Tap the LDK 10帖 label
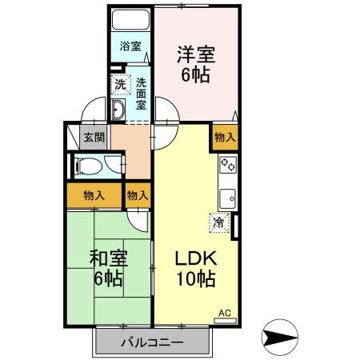[x=195, y=269]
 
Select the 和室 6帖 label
[x=106, y=269]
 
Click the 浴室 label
[x=130, y=46]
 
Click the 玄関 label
[x=94, y=138]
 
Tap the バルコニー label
[x=152, y=342]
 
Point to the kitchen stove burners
[x=227, y=166]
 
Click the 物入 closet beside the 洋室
[x=225, y=138]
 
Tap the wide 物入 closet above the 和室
[x=94, y=194]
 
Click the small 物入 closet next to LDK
[x=138, y=194]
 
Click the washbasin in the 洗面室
[x=118, y=110]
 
